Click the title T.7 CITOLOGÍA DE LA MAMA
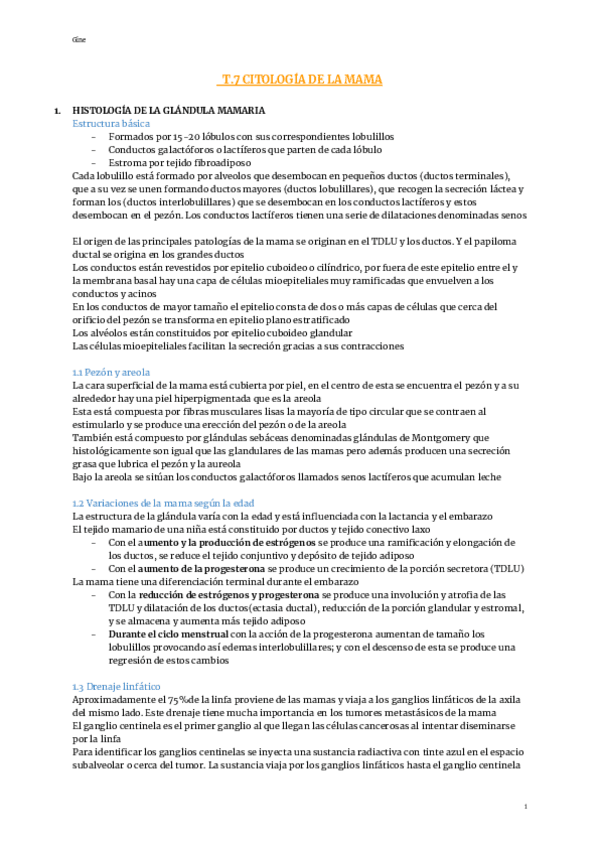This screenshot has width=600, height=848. (x=300, y=78)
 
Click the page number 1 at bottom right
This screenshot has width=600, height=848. (x=526, y=807)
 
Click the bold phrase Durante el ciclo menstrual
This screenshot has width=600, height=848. (x=169, y=633)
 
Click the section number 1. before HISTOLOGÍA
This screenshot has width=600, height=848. (x=58, y=110)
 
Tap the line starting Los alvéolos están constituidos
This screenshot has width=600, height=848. (x=211, y=332)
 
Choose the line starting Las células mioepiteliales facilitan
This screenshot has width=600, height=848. (x=238, y=346)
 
